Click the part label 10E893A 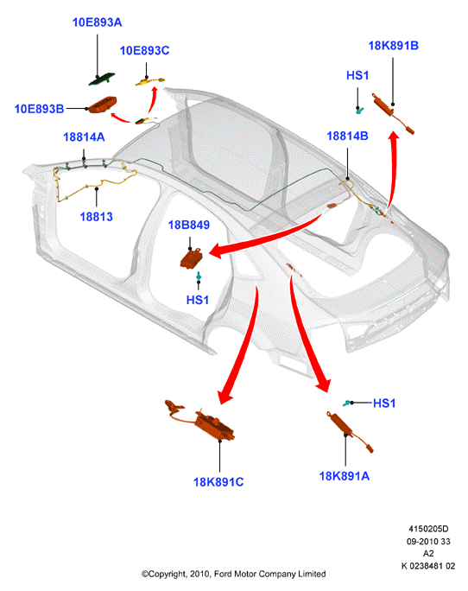[98, 22]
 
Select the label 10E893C [145, 50]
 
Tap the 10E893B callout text [39, 109]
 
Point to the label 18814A [84, 137]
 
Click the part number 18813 [96, 217]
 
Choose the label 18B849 [189, 225]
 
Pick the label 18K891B [394, 46]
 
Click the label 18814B [347, 136]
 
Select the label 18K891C [218, 482]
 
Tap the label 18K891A [345, 476]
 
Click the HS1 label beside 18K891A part [384, 404]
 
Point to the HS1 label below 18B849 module [198, 300]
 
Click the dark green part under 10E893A [102, 79]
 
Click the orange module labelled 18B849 [192, 257]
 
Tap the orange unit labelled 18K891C [213, 425]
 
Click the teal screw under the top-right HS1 [360, 110]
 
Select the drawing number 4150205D [428, 529]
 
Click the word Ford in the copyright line [223, 574]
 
